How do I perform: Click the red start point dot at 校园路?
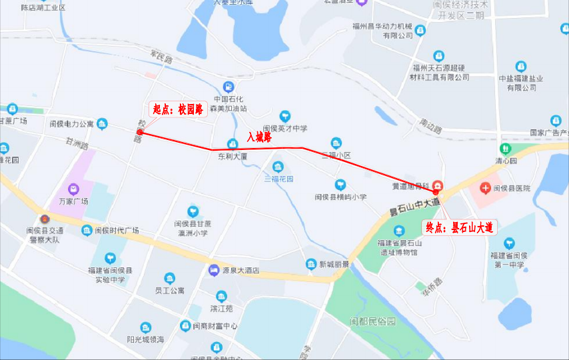click(140, 133)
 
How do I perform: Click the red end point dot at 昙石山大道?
click(436, 192)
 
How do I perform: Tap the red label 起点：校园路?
click(178, 109)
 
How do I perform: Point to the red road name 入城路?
click(259, 137)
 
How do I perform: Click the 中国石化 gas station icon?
click(229, 86)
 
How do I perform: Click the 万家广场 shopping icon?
click(74, 189)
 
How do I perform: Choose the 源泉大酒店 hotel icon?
click(213, 271)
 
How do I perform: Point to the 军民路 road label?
click(161, 60)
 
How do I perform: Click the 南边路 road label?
click(430, 125)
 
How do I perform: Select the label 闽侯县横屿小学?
click(340, 197)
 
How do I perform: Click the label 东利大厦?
click(233, 157)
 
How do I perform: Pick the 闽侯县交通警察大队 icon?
click(45, 219)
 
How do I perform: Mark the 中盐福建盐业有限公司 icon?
click(521, 67)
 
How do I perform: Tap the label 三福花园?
click(279, 179)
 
